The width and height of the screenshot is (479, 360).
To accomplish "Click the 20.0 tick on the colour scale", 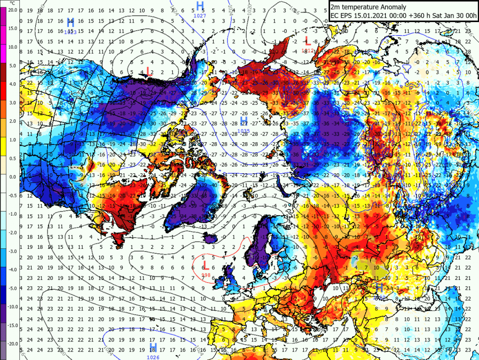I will coord(13,9).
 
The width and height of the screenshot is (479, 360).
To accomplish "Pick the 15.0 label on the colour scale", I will coord(13,28).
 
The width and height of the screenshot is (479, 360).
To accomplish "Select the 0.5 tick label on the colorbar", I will coord(13,158).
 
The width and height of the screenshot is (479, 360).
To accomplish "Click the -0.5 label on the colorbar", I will coord(12,195).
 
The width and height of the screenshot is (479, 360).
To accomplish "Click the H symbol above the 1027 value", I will coord(200,6).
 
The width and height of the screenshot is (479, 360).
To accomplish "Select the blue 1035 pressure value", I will coord(244,131).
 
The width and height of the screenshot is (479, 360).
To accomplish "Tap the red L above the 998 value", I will coord(205,265).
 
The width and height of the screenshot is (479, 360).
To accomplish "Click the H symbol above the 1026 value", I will coord(153,347).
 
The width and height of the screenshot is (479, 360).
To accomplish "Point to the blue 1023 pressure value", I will coord(70,31).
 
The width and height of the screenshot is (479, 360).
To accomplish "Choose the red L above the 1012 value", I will coord(308,41).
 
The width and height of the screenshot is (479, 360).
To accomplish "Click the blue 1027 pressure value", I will coord(200,16).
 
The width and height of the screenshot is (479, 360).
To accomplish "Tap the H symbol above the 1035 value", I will coord(244,121).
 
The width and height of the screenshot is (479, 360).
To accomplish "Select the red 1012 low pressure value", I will coord(308,50).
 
